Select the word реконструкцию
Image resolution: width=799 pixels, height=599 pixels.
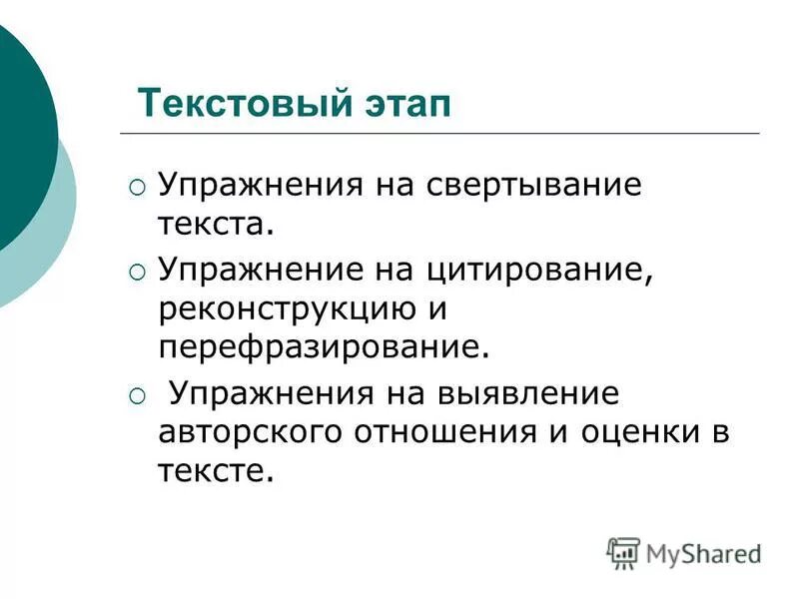[286, 308]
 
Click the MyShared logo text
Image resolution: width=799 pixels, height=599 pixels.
[703, 553]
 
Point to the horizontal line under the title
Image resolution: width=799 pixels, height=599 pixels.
[439, 133]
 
